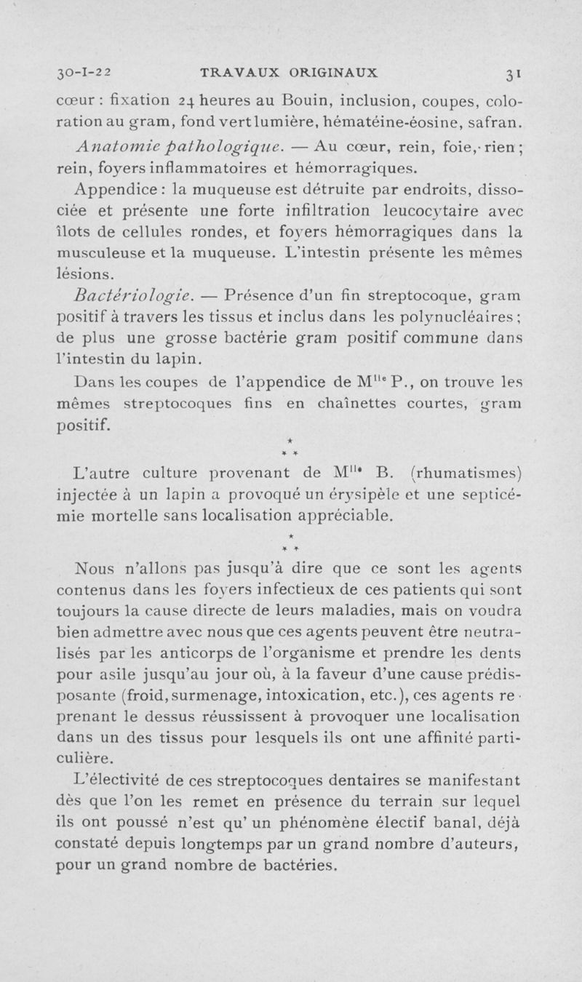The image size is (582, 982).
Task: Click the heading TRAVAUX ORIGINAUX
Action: [289, 73]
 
